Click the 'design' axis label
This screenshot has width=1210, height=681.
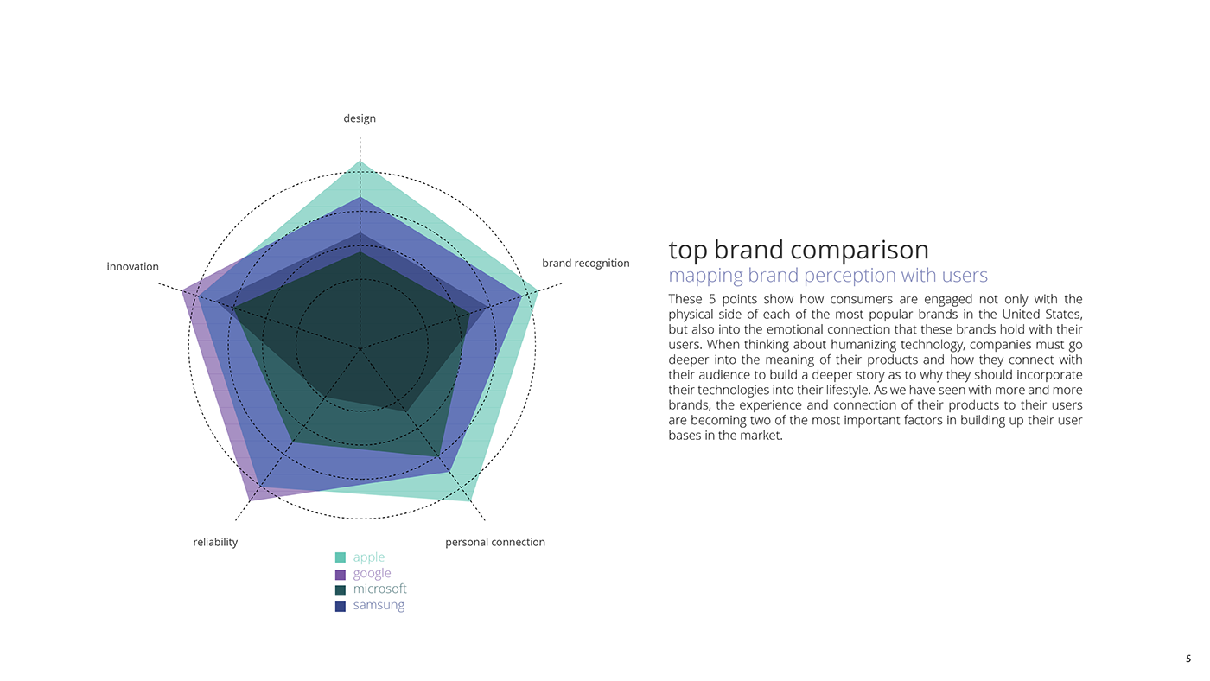point(360,118)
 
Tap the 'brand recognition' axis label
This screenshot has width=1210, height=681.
point(585,263)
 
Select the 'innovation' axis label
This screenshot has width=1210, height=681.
point(132,267)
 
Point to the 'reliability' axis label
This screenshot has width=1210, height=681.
point(215,542)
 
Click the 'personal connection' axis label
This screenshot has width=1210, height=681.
point(494,542)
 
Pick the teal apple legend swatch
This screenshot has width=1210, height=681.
point(341,557)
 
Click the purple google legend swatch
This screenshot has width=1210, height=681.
point(341,574)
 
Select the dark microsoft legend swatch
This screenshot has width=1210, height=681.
point(341,589)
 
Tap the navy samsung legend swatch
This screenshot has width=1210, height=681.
point(341,606)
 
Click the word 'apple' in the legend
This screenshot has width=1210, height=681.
point(369,557)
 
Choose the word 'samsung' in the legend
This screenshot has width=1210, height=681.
point(379,605)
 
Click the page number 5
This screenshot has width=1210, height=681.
point(1188,659)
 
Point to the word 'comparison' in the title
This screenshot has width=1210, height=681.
point(859,250)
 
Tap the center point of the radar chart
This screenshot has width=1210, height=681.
point(360,348)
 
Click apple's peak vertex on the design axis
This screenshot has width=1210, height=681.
point(360,162)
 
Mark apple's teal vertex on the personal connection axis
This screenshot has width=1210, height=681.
point(471,500)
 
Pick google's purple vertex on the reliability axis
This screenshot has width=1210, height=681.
point(250,500)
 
